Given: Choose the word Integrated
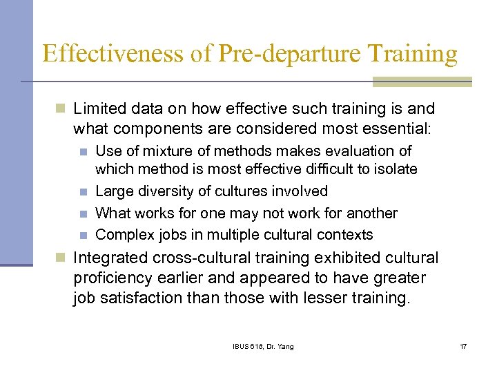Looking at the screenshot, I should [110, 258].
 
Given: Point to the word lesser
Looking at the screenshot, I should [332, 299].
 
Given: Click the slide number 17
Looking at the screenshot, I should [463, 346].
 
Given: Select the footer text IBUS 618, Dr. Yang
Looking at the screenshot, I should [262, 346].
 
